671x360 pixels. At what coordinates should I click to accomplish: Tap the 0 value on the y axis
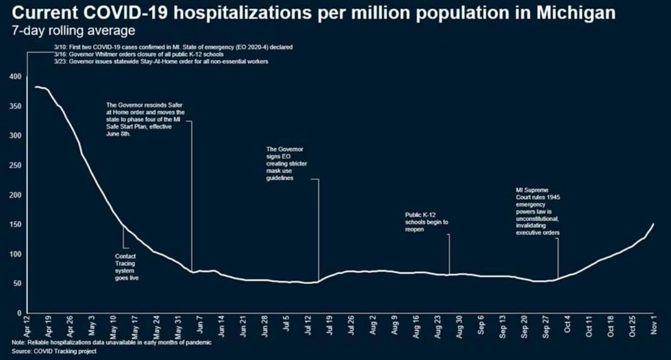18,313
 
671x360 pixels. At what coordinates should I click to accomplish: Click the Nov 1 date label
657,324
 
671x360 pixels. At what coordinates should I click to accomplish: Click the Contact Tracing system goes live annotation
129,267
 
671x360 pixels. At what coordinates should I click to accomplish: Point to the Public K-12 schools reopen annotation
427,222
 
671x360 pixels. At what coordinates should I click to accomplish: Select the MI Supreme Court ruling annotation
537,212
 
